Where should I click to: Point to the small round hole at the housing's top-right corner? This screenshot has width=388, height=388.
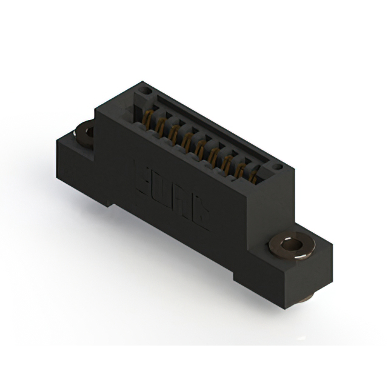[278, 165]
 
